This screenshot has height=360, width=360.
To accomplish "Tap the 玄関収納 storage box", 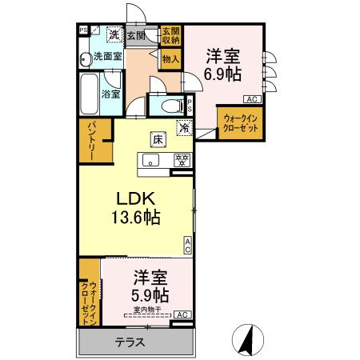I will point(170,35).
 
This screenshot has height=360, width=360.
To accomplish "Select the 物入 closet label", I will point(170,58).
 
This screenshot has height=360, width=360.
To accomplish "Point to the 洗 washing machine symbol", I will point(114,34).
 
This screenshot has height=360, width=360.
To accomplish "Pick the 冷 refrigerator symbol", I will point(185,126).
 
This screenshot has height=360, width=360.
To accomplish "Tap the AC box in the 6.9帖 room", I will point(250,99).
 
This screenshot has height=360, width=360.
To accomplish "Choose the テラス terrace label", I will point(130,343).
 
